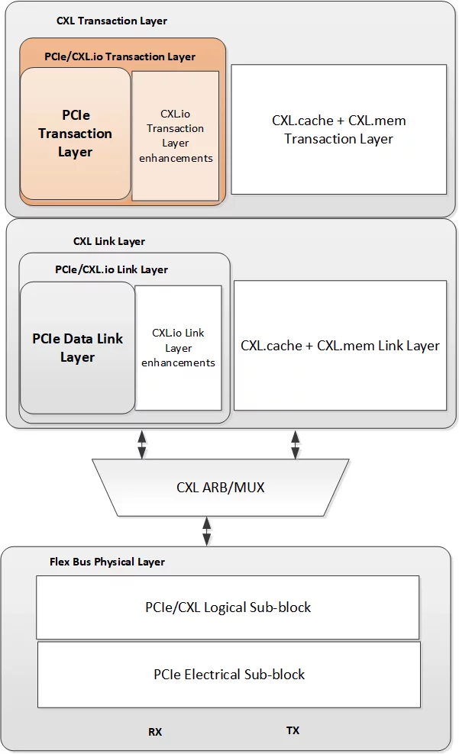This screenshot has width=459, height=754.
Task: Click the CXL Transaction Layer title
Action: (x=112, y=21)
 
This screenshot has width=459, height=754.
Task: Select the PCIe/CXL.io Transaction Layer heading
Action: (x=120, y=56)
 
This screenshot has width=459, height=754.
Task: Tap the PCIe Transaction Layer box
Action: (x=75, y=134)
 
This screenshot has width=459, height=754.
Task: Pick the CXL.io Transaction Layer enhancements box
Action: (x=176, y=136)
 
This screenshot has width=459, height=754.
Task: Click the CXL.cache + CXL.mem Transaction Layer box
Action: (x=338, y=130)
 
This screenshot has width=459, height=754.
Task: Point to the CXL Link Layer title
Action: (x=108, y=241)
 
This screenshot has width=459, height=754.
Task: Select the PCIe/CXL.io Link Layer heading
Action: (x=112, y=269)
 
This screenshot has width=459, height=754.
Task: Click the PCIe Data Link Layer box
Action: (x=77, y=348)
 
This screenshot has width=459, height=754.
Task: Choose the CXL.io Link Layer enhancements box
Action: (x=178, y=348)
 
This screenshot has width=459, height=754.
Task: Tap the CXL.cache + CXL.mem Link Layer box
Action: (x=340, y=345)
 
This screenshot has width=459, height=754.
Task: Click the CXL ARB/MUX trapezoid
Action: (x=220, y=487)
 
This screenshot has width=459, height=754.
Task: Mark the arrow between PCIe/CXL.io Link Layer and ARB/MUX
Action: (x=142, y=444)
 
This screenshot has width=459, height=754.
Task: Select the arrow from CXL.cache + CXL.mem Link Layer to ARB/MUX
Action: (x=296, y=444)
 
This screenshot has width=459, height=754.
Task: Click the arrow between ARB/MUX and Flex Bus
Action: (x=206, y=531)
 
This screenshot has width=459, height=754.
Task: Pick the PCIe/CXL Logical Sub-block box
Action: (x=228, y=607)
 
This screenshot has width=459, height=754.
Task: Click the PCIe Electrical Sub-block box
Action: (x=228, y=675)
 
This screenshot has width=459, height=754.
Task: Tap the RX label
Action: (x=155, y=732)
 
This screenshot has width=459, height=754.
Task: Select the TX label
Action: (x=293, y=730)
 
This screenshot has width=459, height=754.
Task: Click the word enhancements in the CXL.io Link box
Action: (x=178, y=362)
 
